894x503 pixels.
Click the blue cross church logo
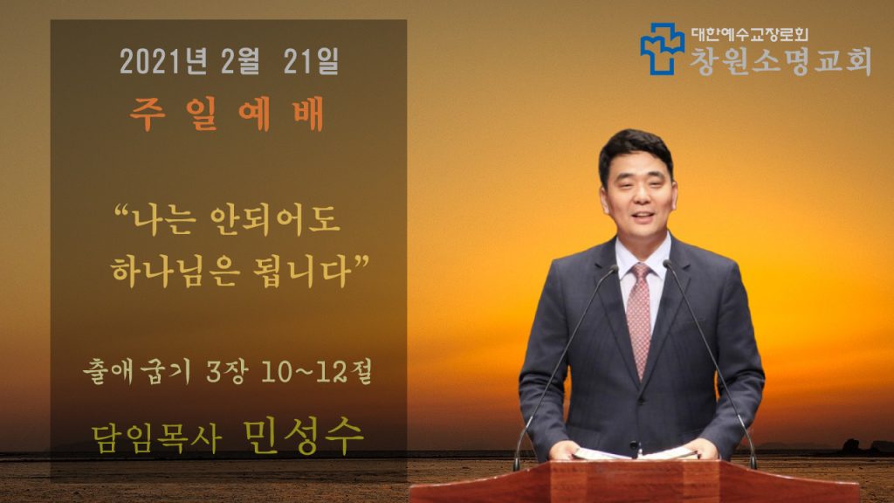[x=662, y=49]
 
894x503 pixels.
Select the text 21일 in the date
[x=312, y=61]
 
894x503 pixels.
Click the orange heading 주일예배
[x=227, y=114]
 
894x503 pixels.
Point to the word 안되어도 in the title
[x=275, y=219]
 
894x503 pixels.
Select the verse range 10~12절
[x=317, y=372]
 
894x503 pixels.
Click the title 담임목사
[x=156, y=440]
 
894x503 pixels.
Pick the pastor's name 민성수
[x=303, y=437]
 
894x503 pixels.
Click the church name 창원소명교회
[x=781, y=60]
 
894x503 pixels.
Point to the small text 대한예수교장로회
[x=750, y=35]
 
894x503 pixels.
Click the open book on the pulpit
[x=636, y=454]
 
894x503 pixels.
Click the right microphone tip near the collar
[x=667, y=264]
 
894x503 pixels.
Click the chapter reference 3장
[x=227, y=372]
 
